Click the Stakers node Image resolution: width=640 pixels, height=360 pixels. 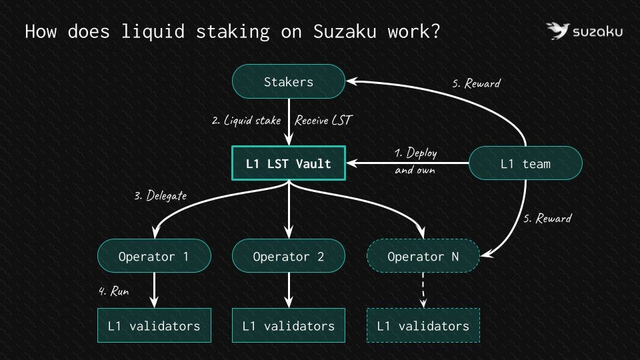(289, 81)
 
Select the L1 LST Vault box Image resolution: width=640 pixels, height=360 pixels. (289, 163)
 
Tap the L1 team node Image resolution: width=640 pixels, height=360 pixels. (525, 163)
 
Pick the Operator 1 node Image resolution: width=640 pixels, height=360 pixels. (154, 256)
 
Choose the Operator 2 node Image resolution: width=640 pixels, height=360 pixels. (289, 256)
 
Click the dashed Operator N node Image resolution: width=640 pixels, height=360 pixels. (423, 256)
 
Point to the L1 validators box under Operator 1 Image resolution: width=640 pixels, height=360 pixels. (154, 325)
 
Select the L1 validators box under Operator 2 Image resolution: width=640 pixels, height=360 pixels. (289, 325)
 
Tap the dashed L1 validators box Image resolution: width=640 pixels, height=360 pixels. (423, 325)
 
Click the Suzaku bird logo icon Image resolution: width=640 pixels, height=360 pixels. (557, 31)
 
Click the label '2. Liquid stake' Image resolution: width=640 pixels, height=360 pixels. (246, 121)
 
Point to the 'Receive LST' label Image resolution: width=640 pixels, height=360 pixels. (323, 121)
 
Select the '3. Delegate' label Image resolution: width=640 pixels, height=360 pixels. (161, 195)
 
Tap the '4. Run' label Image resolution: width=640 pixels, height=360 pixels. (114, 291)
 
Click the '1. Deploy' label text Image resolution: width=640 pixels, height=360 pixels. (415, 153)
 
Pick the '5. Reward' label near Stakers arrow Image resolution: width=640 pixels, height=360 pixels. (476, 84)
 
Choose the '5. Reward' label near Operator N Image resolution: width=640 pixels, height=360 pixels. (547, 219)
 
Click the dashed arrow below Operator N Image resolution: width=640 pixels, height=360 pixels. (423, 290)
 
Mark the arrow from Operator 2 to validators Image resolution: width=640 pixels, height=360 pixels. (289, 290)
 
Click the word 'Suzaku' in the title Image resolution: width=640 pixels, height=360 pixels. (345, 31)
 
